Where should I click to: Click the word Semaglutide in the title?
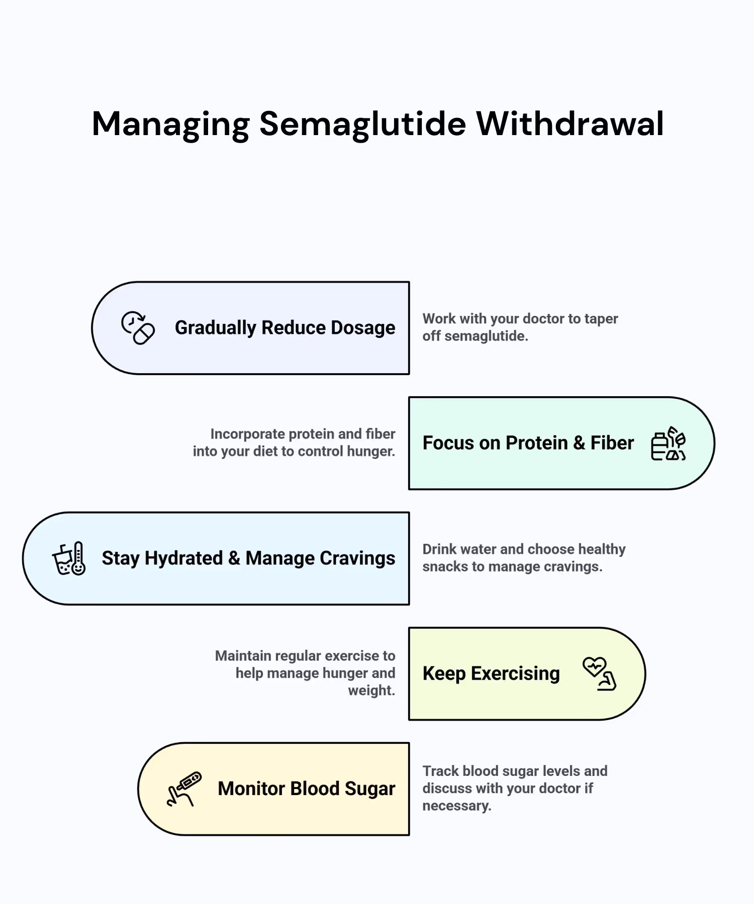coord(362,124)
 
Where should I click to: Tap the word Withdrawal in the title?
coord(570,124)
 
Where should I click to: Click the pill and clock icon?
coord(138,328)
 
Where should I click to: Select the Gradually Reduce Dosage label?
coord(285,328)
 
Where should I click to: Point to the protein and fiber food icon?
coord(668,443)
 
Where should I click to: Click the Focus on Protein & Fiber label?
coord(528,443)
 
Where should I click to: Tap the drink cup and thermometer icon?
coord(69,558)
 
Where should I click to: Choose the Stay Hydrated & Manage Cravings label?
coord(248,558)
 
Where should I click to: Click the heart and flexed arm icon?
coord(599,674)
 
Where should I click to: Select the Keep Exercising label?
coord(491,673)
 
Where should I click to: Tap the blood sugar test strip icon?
coord(184,789)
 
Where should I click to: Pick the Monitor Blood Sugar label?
coord(306,788)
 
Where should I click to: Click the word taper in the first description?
coord(601,319)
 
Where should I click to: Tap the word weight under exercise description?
coord(371,691)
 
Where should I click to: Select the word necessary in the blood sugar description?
coord(456,806)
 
